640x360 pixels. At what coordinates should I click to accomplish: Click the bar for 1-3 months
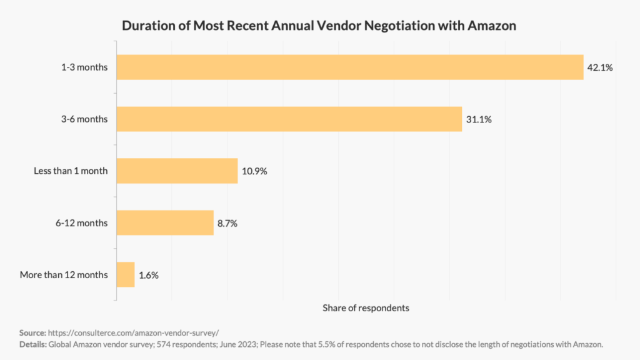click(350, 67)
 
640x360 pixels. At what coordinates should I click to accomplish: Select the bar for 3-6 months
click(289, 119)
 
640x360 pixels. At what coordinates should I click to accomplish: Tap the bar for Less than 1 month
click(177, 171)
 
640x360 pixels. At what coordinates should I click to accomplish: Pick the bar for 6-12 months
click(165, 222)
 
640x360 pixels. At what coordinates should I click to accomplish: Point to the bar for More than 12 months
click(126, 274)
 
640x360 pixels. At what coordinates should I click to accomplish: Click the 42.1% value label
click(599, 67)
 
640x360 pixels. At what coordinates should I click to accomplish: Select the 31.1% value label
click(478, 119)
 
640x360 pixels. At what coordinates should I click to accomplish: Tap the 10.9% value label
click(254, 171)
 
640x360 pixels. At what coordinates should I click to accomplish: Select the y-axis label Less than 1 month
click(70, 171)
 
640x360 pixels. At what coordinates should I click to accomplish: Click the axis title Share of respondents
click(366, 308)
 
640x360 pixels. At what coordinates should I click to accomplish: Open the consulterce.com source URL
click(133, 332)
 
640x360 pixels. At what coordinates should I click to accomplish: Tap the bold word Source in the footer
click(32, 332)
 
